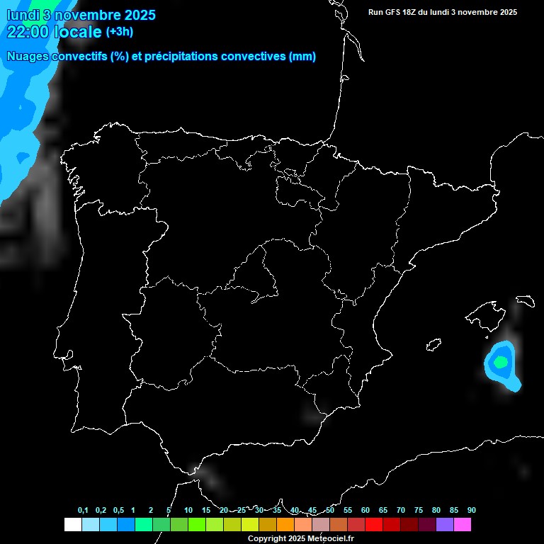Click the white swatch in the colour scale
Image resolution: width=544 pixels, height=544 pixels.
tap(72, 524)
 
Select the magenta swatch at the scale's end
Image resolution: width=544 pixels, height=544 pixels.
tap(463, 524)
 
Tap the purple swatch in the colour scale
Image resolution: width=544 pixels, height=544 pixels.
tap(445, 524)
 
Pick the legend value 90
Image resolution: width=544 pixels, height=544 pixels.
tap(471, 510)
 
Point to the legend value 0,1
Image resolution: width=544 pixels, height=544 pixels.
tap(83, 510)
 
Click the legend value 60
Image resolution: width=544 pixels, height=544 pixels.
tap(365, 510)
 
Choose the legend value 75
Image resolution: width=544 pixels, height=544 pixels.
tap(418, 510)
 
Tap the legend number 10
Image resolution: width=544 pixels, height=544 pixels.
tap(188, 510)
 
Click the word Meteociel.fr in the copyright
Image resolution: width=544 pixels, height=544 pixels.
tap(330, 539)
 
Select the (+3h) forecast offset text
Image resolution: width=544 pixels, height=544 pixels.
tap(119, 31)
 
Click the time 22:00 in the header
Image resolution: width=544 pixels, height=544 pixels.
tap(28, 31)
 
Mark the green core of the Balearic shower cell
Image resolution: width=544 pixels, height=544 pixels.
tap(501, 362)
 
